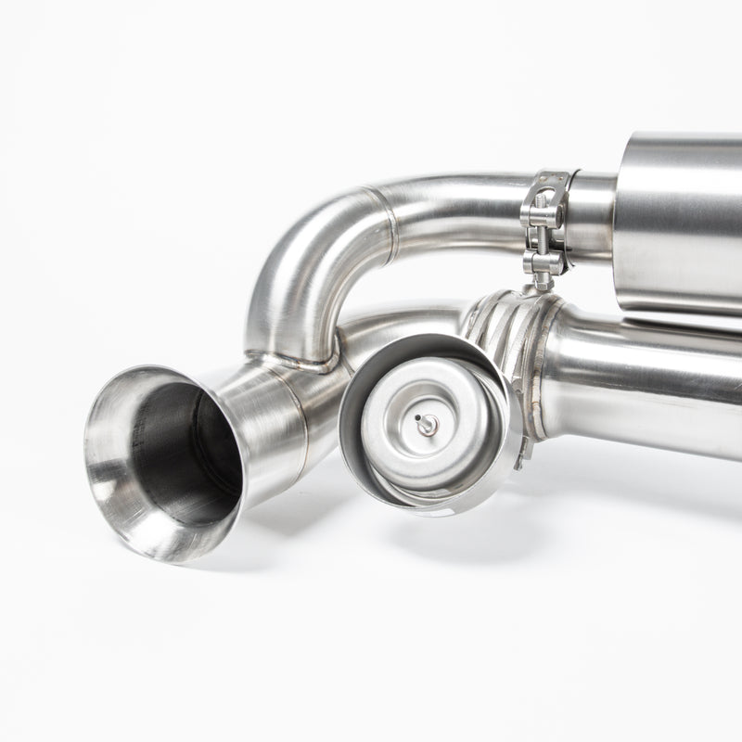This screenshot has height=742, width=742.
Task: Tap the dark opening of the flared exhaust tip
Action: point(185,454)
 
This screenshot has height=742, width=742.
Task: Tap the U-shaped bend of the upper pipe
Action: point(297,269)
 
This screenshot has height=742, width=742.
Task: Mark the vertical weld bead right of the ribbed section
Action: point(539,371)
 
